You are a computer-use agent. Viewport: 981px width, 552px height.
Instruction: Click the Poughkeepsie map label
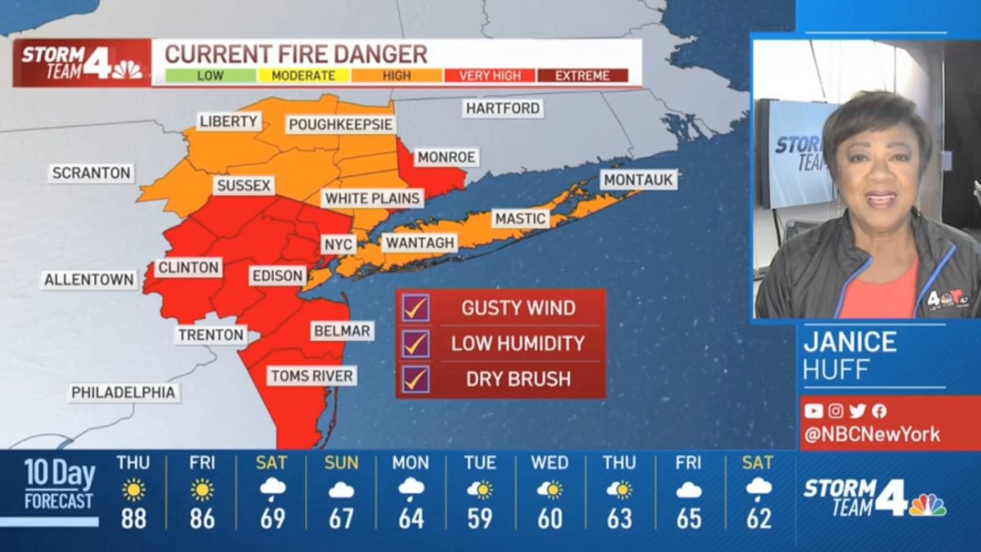[341, 124]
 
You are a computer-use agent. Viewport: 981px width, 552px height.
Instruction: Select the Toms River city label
[312, 376]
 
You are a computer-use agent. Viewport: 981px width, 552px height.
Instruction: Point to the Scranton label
[91, 173]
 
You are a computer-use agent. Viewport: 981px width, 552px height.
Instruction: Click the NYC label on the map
[338, 245]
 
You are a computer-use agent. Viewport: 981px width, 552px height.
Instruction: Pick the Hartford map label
[503, 108]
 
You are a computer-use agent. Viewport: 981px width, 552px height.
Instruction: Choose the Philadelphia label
[123, 393]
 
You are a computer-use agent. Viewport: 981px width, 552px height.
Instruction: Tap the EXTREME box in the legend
[582, 76]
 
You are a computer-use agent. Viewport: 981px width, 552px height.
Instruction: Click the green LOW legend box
[211, 76]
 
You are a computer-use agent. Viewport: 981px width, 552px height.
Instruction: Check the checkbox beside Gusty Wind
[415, 308]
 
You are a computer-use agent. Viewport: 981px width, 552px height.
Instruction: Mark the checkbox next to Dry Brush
[415, 379]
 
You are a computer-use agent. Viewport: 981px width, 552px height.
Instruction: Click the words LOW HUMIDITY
[517, 344]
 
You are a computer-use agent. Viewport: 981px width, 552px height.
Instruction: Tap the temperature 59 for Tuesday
[480, 518]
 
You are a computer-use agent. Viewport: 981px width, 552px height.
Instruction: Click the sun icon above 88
[133, 490]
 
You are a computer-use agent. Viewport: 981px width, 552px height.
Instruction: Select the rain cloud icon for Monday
[410, 490]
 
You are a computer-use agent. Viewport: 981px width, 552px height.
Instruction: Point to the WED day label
[549, 463]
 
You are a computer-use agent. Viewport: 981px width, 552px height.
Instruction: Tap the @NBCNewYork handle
[871, 435]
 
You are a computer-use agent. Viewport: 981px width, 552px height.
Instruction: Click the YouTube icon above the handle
[813, 411]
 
